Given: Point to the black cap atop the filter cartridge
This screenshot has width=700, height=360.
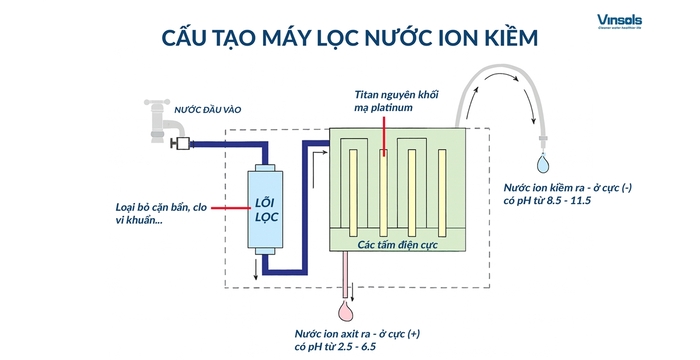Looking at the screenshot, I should [x=267, y=164].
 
